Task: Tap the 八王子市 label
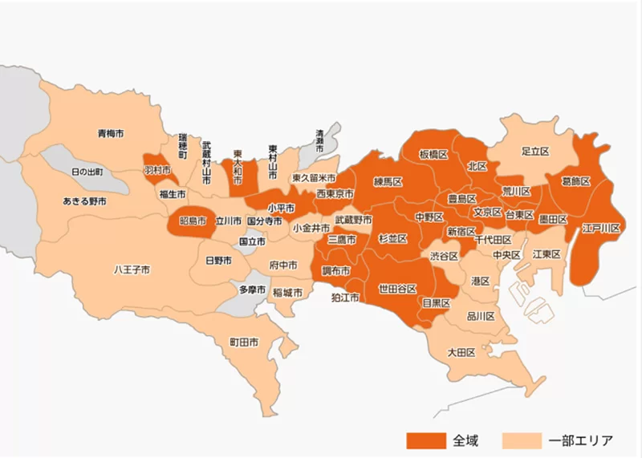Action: [x=132, y=270]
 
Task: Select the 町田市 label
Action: [x=244, y=342]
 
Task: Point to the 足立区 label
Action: [x=534, y=151]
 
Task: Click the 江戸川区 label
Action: [x=602, y=229]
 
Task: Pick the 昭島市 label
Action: [x=193, y=221]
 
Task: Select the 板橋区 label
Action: [x=433, y=154]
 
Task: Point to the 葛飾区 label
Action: [x=575, y=182]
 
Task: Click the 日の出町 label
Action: [x=87, y=172]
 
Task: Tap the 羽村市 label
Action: [x=156, y=171]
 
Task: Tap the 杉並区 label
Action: [x=392, y=239]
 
